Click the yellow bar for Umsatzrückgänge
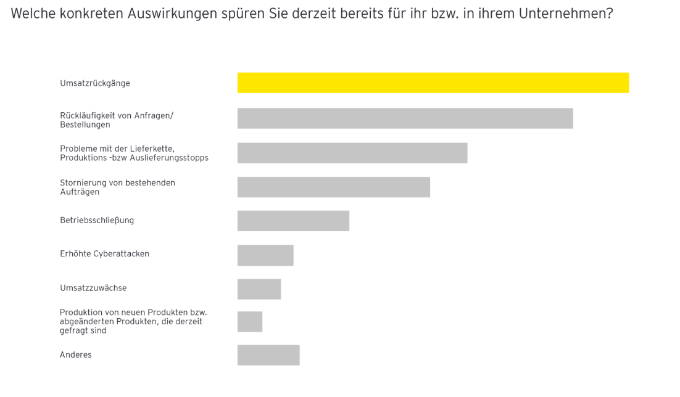coord(433,83)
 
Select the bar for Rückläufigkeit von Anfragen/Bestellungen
coord(405,118)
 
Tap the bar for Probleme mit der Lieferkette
coord(352,153)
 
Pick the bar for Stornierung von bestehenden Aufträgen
coord(333,187)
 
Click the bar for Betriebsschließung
coord(293,221)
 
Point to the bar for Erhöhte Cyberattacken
coord(265,255)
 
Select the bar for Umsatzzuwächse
coord(259,289)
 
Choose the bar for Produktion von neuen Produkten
coord(250,322)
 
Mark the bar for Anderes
coord(268,355)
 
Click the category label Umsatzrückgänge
coord(95,83)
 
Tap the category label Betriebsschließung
coord(97,220)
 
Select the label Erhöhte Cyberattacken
coord(104,253)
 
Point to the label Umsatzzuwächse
coord(93,288)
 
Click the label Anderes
coord(75,354)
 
